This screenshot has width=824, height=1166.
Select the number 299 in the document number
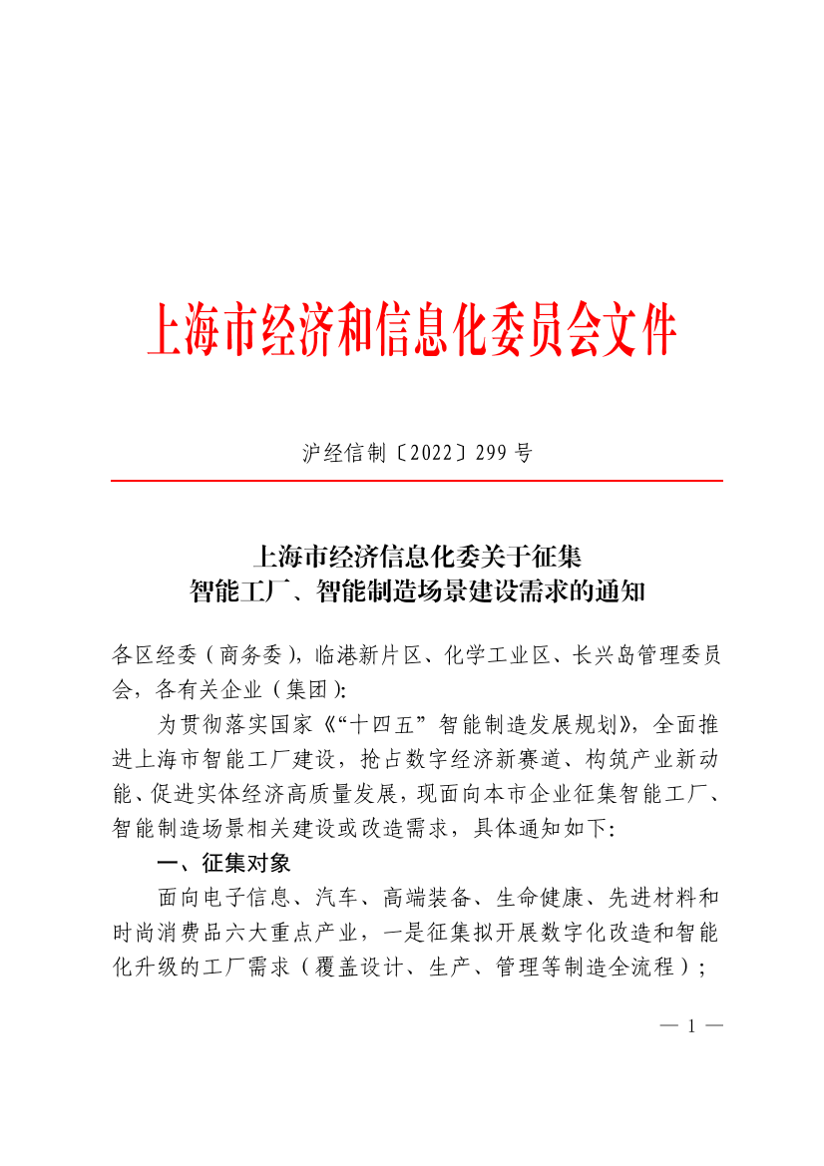(x=491, y=454)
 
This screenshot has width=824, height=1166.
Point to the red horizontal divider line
(x=416, y=481)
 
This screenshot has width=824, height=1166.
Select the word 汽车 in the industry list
(x=334, y=897)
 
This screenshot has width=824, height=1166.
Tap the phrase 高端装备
(x=422, y=897)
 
